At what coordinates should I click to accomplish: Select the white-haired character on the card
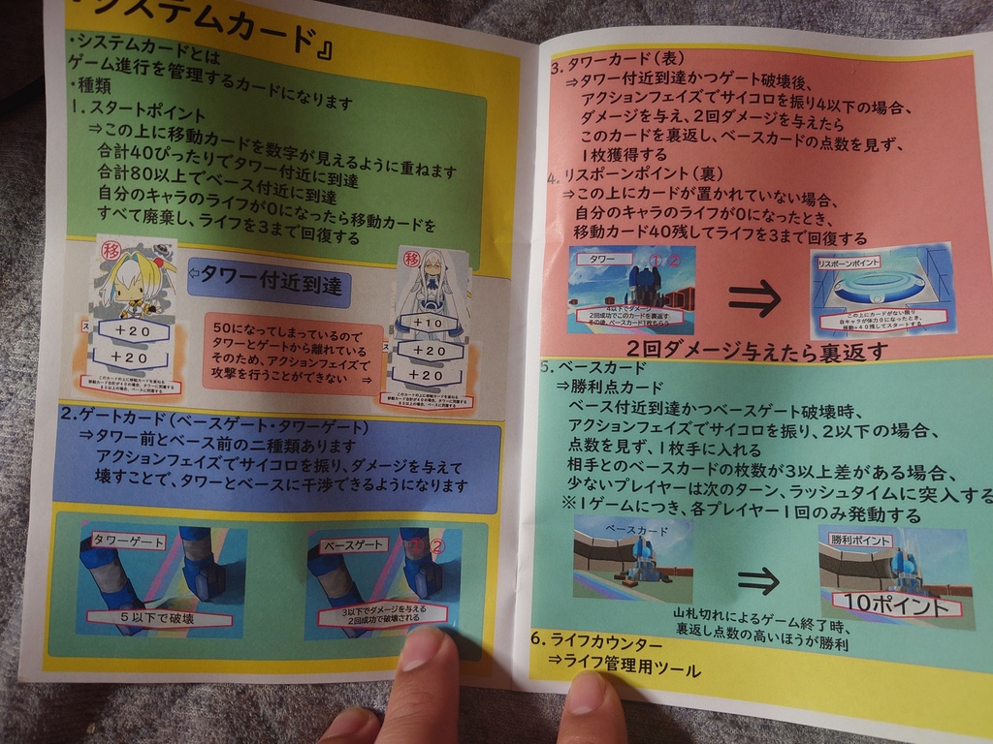click(x=431, y=281)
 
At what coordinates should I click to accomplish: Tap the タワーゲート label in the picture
click(x=128, y=542)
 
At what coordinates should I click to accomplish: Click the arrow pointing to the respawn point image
click(x=753, y=297)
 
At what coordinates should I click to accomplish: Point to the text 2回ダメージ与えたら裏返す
click(x=756, y=351)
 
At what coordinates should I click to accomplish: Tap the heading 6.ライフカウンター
click(x=596, y=642)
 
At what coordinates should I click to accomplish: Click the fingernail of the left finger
click(x=424, y=650)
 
